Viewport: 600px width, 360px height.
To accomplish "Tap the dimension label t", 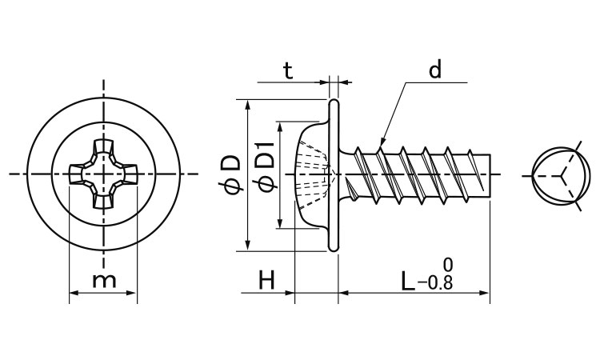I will pos(288,70).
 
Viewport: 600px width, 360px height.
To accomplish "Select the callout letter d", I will pos(434,70).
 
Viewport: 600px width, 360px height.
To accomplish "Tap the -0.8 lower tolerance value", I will pos(436,284).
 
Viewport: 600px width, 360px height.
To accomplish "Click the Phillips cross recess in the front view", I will pos(103,174).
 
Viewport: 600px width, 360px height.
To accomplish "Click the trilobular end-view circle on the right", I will pos(554,174).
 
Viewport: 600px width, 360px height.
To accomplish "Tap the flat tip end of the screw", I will pos(488,174).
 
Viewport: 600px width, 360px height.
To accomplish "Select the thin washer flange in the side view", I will pos(334,174).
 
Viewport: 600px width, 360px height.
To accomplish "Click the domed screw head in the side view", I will pos(312,174).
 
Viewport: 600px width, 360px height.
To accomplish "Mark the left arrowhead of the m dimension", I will pos(73,293).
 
